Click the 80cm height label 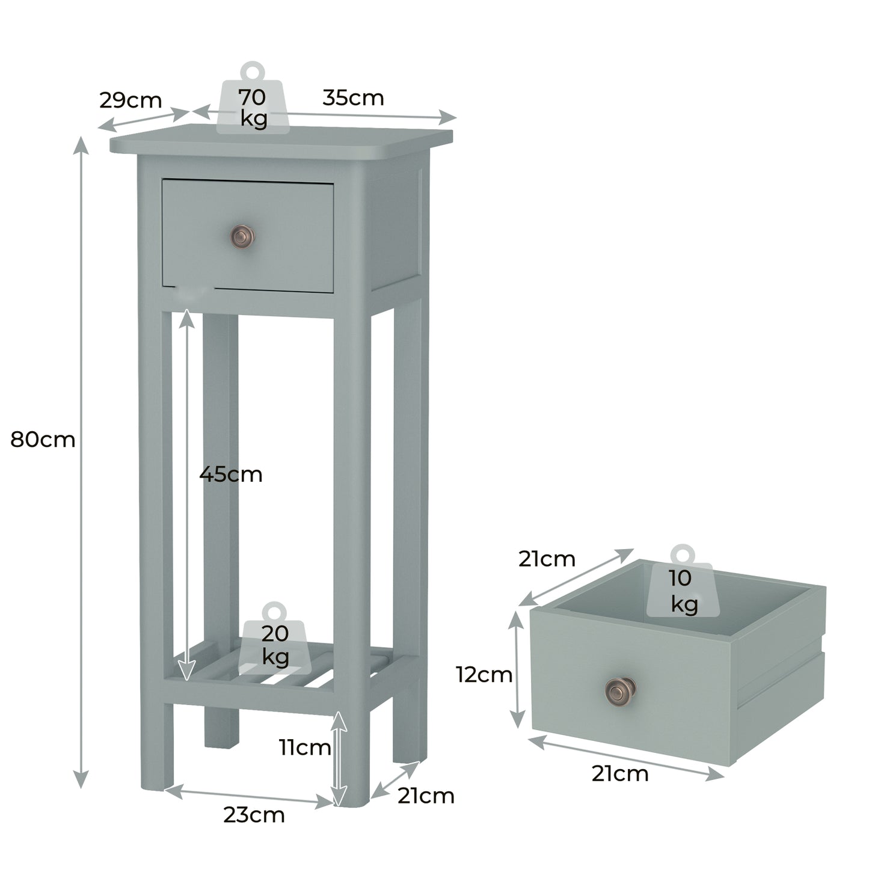coord(43,440)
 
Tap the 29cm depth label coord(131,100)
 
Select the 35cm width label coord(353,97)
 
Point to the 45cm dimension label coord(231,474)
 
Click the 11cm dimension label coord(304,748)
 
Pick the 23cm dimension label coord(254,815)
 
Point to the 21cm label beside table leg coord(426,796)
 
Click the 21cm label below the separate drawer coord(620,773)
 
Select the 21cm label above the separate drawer coord(547,559)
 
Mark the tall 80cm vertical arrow coord(81,463)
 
